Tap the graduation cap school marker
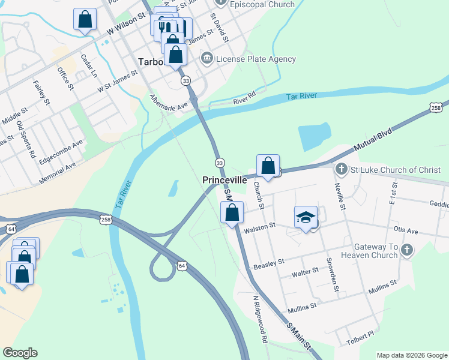[x=306, y=217]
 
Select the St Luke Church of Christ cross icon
[x=342, y=170]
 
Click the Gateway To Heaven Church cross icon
[x=408, y=250]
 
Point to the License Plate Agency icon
[x=207, y=59]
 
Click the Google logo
[x=20, y=353]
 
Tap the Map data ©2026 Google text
[x=411, y=355]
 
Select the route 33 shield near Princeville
[x=220, y=163]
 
